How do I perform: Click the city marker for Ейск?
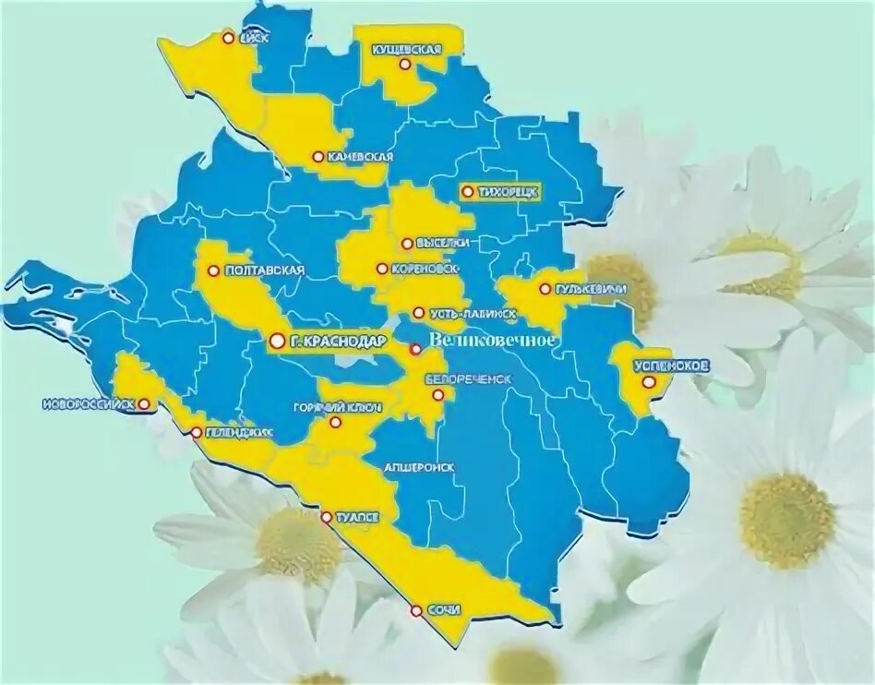(x=228, y=38)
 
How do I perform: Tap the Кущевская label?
(x=406, y=48)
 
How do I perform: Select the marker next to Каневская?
(x=318, y=157)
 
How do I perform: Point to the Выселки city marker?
(x=407, y=244)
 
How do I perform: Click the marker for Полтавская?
(x=214, y=271)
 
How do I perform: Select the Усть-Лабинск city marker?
(x=418, y=313)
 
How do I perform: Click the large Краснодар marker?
(x=277, y=342)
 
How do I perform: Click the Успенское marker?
(x=650, y=381)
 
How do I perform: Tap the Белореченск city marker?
(x=439, y=395)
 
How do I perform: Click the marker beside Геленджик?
(x=197, y=432)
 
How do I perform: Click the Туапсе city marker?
(x=326, y=518)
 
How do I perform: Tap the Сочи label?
(x=444, y=610)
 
